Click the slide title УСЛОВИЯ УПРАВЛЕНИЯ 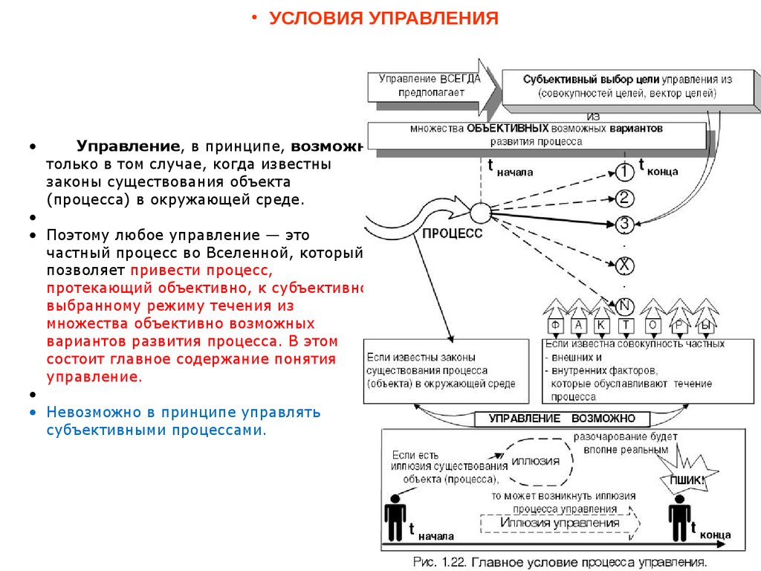(x=383, y=19)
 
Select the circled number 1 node (x=626, y=172)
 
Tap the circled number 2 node (x=626, y=198)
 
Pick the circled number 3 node (x=626, y=224)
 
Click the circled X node (x=626, y=264)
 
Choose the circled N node (x=626, y=304)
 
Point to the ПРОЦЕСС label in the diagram (x=452, y=233)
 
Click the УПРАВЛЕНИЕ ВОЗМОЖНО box (x=563, y=419)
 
